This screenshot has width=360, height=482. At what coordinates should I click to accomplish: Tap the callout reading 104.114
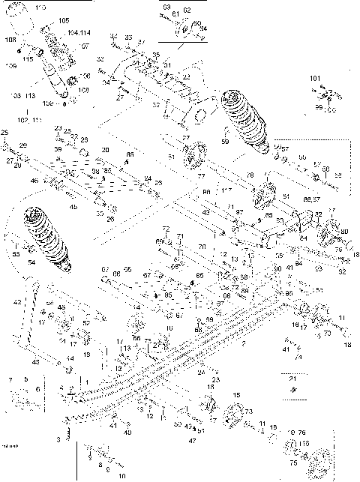[x=79, y=34]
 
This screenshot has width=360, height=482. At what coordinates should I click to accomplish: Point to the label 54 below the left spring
[x=31, y=263]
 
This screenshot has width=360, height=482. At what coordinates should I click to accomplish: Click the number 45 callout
[x=73, y=207]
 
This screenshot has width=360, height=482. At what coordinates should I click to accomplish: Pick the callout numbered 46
[x=34, y=181]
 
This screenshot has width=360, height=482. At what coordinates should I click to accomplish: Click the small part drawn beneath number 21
[x=293, y=391]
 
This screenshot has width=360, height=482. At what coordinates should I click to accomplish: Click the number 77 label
[x=201, y=175]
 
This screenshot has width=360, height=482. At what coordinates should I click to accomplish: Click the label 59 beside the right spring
[x=224, y=140]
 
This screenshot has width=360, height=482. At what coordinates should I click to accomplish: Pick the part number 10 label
[x=121, y=476]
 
